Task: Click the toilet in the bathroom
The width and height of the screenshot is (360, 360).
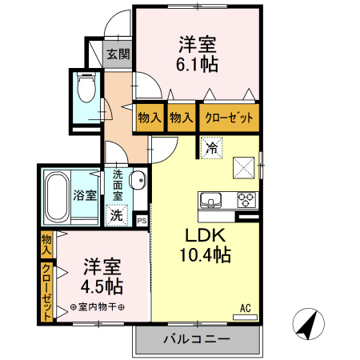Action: [x=86, y=86]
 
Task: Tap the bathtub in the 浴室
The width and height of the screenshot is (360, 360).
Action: [x=57, y=198]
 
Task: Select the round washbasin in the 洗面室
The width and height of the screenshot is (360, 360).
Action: [x=138, y=180]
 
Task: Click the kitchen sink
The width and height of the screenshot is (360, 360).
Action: [x=210, y=200]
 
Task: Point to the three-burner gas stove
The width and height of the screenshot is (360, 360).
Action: [x=246, y=200]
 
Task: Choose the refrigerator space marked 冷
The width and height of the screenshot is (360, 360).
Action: [x=212, y=148]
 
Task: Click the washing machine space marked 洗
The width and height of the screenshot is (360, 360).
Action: [x=117, y=215]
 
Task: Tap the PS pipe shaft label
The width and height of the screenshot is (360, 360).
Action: [x=142, y=221]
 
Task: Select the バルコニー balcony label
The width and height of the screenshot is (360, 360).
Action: [x=197, y=339]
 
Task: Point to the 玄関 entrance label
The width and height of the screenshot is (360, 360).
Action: [x=118, y=54]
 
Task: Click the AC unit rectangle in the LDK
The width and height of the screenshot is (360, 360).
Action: [x=245, y=318]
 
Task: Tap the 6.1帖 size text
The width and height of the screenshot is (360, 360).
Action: [x=197, y=64]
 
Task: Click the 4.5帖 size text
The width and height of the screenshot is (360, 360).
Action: [x=102, y=286]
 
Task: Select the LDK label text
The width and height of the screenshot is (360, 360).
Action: [x=206, y=235]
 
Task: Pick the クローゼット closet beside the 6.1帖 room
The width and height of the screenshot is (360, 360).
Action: [x=229, y=118]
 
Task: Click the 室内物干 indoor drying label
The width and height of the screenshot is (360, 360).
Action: [x=98, y=307]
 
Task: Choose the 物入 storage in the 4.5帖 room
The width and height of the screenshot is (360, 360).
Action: [x=46, y=245]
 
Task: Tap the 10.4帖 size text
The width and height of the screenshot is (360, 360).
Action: [x=206, y=254]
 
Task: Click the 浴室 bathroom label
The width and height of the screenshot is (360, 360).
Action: [x=85, y=195]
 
